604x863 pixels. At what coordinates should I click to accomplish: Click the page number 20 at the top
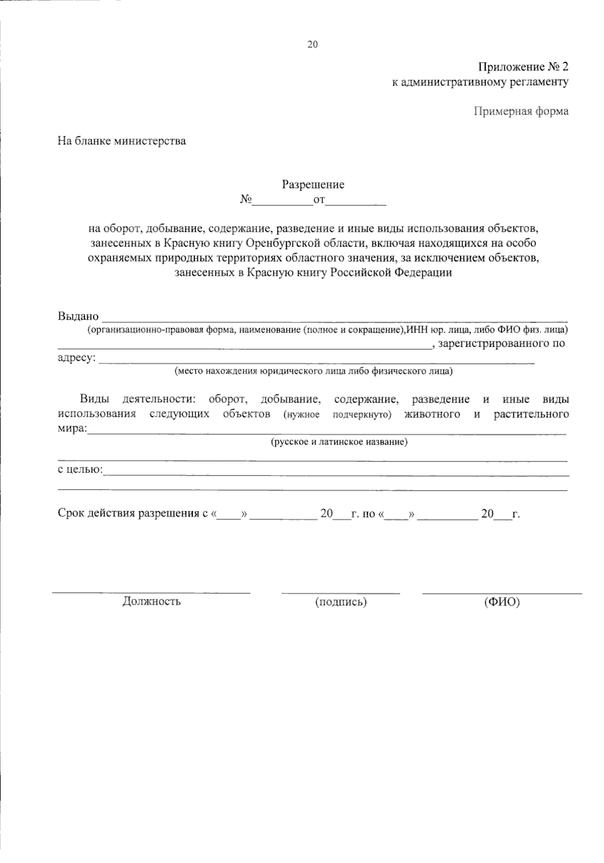pyautogui.click(x=313, y=45)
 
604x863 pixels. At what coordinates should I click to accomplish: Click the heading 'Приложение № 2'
pyautogui.click(x=523, y=67)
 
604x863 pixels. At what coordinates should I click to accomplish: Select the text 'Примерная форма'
pyautogui.click(x=521, y=111)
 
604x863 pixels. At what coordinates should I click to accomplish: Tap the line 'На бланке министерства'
pyautogui.click(x=121, y=141)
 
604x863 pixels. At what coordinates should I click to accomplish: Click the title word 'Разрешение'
pyautogui.click(x=313, y=185)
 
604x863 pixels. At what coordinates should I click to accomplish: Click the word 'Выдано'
pyautogui.click(x=78, y=317)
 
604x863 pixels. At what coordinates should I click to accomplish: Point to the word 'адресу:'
pyautogui.click(x=76, y=358)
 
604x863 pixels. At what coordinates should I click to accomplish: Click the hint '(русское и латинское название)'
pyautogui.click(x=339, y=442)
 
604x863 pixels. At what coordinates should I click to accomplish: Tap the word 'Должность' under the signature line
pyautogui.click(x=152, y=601)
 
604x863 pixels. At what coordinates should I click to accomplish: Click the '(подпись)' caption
pyautogui.click(x=341, y=602)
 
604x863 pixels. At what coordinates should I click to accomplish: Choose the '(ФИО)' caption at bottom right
pyautogui.click(x=501, y=602)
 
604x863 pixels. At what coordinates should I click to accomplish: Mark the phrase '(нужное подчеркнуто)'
pyautogui.click(x=337, y=415)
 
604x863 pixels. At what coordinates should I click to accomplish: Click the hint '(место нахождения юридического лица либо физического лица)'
pyautogui.click(x=313, y=371)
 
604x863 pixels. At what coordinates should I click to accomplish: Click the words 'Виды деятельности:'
pyautogui.click(x=137, y=400)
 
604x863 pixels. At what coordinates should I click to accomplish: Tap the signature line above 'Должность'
pyautogui.click(x=152, y=593)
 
